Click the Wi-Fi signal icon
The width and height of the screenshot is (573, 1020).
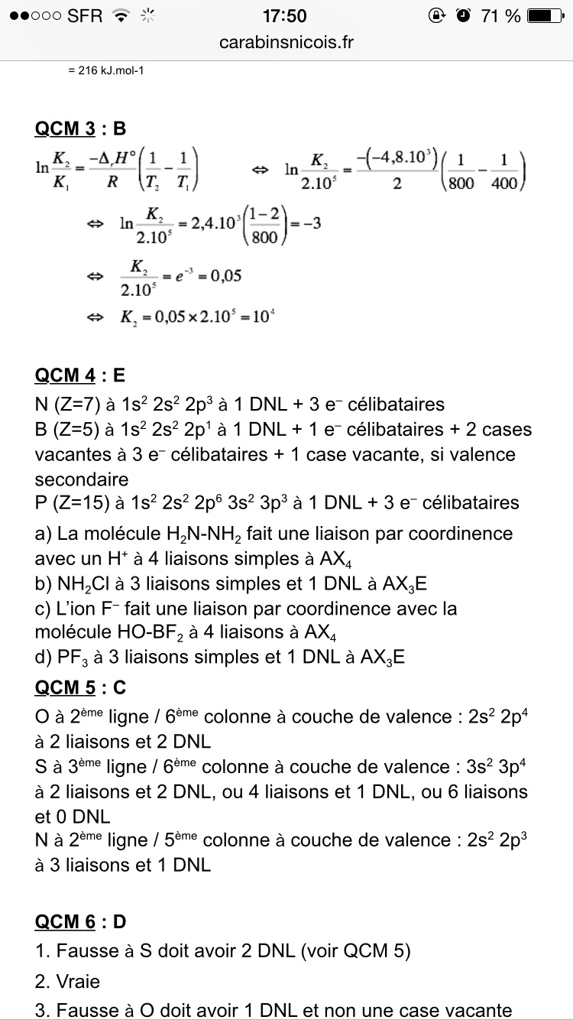[x=121, y=16]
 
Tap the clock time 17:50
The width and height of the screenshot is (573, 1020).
[x=284, y=16]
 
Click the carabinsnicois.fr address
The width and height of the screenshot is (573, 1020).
[x=286, y=42]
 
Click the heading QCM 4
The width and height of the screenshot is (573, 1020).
[x=65, y=375]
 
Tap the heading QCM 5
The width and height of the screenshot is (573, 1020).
[x=65, y=687]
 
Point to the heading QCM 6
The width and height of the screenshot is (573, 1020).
[x=65, y=922]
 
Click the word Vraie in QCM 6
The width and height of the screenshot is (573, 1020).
[x=78, y=981]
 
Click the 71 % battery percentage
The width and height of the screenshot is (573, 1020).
[x=500, y=16]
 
